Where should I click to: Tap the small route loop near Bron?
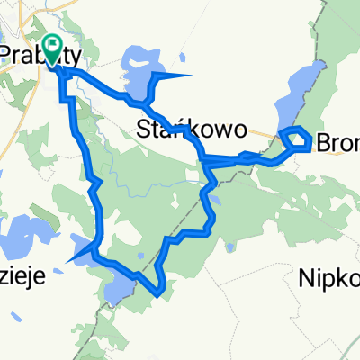point(297,139)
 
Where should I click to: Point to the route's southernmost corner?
point(159,293)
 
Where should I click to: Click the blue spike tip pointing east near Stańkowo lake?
point(191,75)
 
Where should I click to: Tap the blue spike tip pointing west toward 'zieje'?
point(67,261)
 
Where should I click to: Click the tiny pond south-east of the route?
point(233,246)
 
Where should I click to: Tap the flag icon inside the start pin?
point(52,47)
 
